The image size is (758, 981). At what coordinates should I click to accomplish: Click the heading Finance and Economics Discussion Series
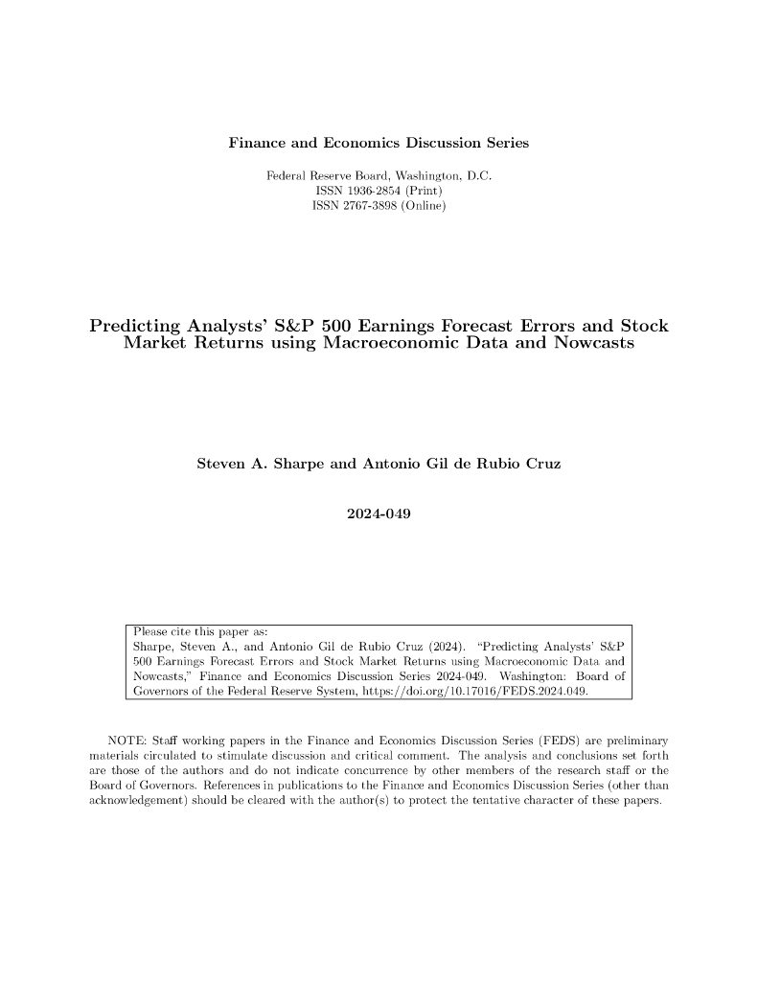[x=379, y=144]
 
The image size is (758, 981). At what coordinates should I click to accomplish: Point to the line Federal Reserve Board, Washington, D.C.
[x=379, y=176]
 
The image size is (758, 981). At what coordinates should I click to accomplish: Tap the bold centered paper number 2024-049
[x=379, y=514]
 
